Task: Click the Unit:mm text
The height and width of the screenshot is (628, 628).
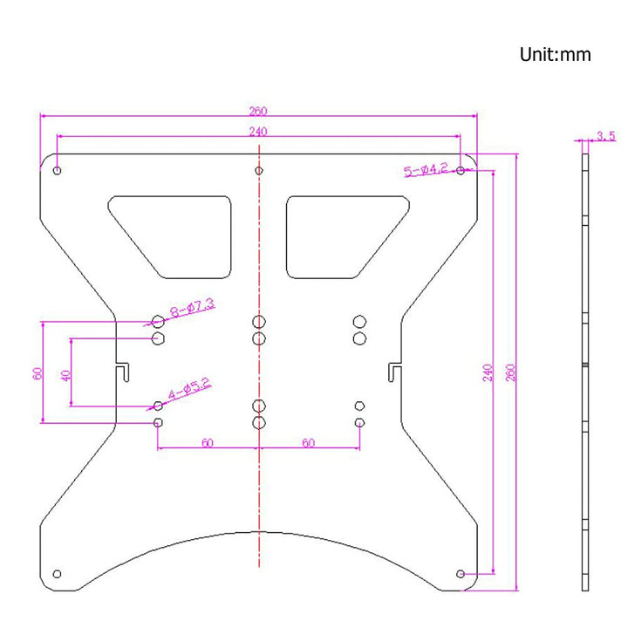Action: [x=555, y=55]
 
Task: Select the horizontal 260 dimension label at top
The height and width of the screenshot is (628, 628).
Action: [x=258, y=111]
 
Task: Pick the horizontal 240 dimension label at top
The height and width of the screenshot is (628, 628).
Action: [x=258, y=132]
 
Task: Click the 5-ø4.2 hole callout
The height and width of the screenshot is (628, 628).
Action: [x=426, y=169]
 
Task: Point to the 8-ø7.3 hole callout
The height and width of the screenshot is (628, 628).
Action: [x=193, y=307]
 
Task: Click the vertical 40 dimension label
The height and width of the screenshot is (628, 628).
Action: [x=65, y=375]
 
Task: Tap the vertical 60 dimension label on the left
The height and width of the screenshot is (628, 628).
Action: [x=37, y=373]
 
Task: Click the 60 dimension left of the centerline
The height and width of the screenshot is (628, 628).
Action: [x=208, y=442]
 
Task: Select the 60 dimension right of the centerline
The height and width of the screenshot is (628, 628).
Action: [x=308, y=442]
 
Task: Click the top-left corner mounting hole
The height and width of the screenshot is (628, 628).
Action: [x=58, y=170]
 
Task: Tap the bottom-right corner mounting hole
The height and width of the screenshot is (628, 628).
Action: [x=461, y=573]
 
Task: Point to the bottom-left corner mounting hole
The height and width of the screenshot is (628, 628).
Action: [x=58, y=573]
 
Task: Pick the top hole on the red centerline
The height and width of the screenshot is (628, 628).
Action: [x=258, y=170]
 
